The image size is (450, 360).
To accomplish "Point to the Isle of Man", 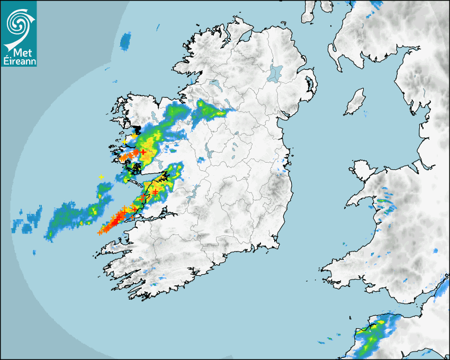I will [355, 102].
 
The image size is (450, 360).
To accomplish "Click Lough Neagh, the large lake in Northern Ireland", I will [275, 73].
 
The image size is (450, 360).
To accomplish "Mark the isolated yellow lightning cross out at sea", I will [101, 177].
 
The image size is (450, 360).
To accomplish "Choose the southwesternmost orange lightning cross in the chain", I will [100, 232].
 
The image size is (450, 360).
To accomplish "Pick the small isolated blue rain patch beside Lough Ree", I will [201, 159].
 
